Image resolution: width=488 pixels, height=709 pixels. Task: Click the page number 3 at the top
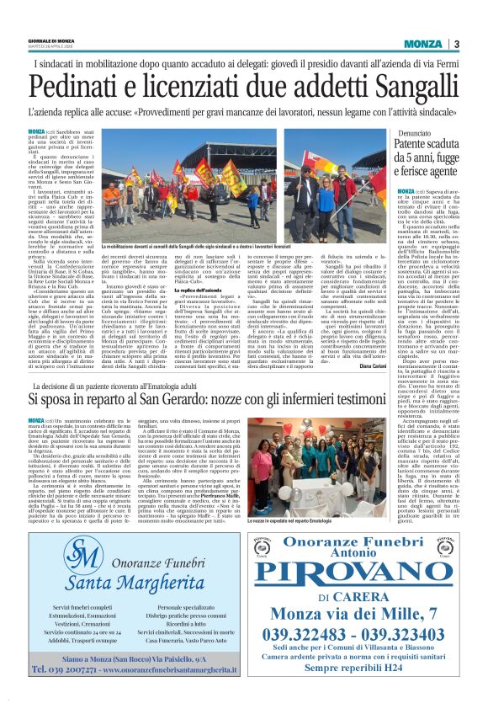[455, 44]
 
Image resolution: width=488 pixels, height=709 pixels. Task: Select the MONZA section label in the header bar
[422, 44]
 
